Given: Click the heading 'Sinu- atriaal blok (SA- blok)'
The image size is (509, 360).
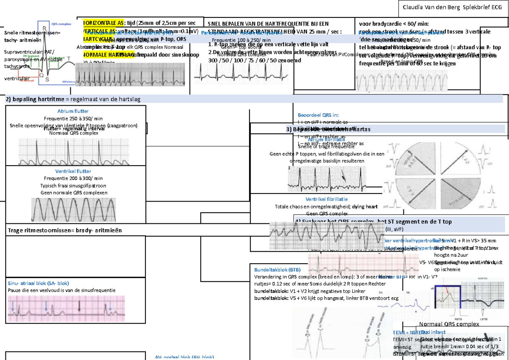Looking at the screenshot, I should point(38,283).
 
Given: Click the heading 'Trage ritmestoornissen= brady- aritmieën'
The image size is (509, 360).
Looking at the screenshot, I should point(64,231).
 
